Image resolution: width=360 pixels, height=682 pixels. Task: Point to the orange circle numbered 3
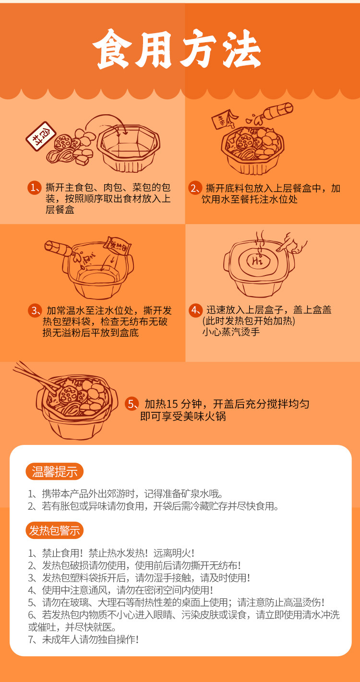pyautogui.click(x=35, y=310)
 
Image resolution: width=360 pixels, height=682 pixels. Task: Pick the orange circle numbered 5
pyautogui.click(x=132, y=404)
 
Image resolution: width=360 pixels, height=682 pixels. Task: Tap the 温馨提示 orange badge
pyautogui.click(x=54, y=471)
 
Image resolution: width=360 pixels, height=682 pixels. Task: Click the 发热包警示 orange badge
pyautogui.click(x=54, y=530)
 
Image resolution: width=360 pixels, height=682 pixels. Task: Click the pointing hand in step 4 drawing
pyautogui.click(x=292, y=242)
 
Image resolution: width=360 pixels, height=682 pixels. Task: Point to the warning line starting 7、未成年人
pyautogui.click(x=84, y=639)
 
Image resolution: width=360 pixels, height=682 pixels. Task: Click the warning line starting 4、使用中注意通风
pyautogui.click(x=120, y=590)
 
